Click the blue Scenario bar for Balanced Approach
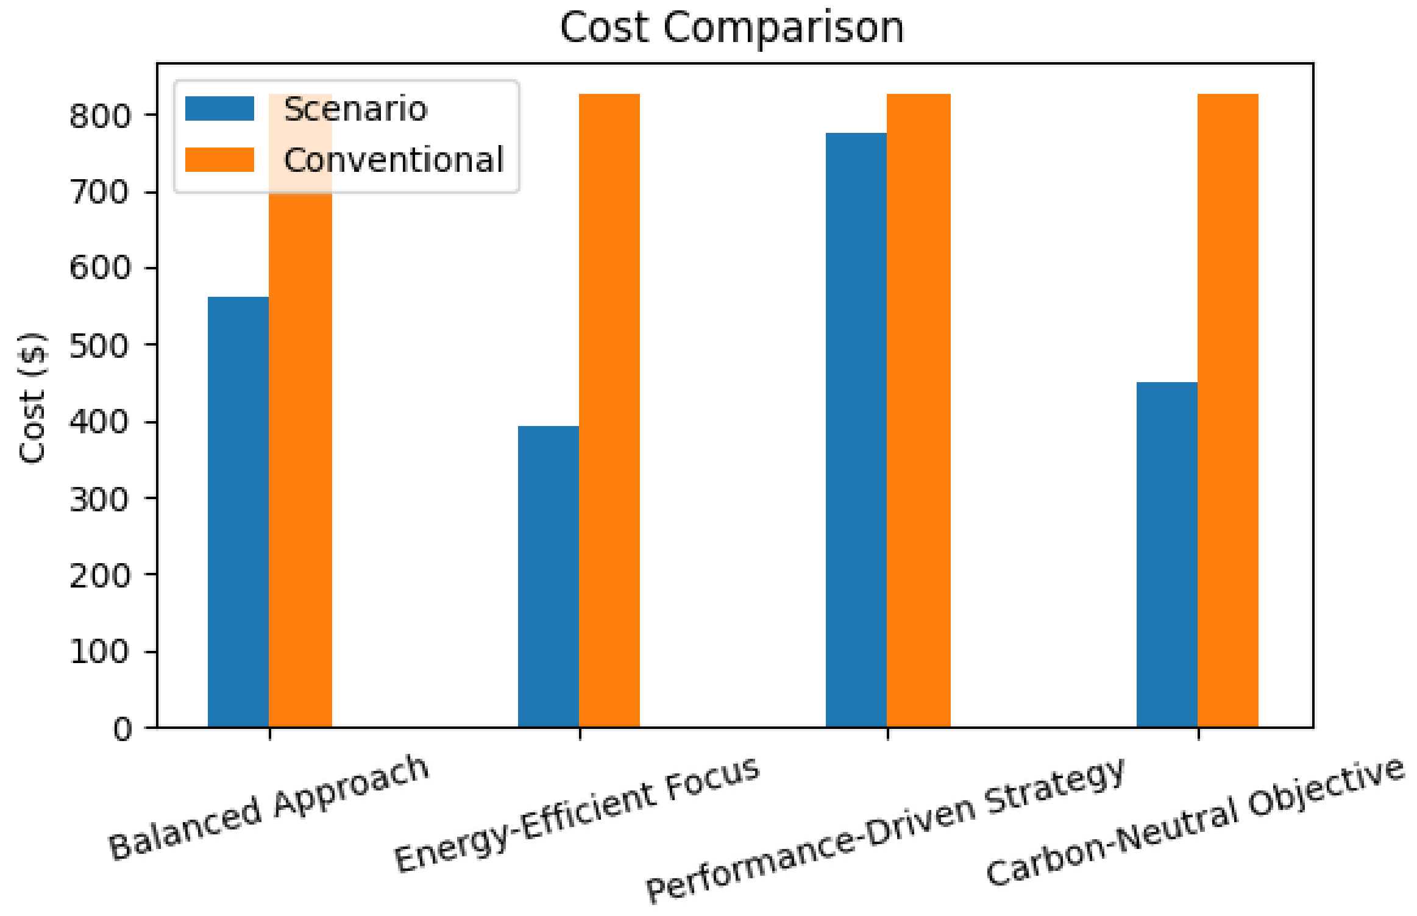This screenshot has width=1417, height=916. pyautogui.click(x=238, y=512)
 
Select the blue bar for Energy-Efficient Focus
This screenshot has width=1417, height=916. pyautogui.click(x=548, y=576)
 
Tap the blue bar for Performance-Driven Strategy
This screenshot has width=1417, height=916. pyautogui.click(x=856, y=430)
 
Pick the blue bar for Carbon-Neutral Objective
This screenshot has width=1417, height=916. pyautogui.click(x=1167, y=555)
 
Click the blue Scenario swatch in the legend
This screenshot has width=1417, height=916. pyautogui.click(x=219, y=108)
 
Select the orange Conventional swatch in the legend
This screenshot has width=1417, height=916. pyautogui.click(x=219, y=160)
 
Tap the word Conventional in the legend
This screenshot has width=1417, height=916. pyautogui.click(x=394, y=160)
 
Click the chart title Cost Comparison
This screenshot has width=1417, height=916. pyautogui.click(x=731, y=27)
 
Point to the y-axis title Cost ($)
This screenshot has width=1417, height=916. pyautogui.click(x=32, y=397)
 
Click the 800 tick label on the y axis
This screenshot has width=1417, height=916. pyautogui.click(x=99, y=115)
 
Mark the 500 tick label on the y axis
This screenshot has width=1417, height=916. pyautogui.click(x=99, y=346)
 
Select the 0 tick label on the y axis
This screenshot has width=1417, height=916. pyautogui.click(x=122, y=728)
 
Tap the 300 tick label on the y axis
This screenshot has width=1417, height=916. pyautogui.click(x=99, y=499)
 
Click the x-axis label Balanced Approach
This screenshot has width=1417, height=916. pyautogui.click(x=269, y=808)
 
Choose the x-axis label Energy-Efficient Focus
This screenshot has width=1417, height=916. pyautogui.click(x=577, y=814)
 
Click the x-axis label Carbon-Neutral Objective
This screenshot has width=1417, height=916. pyautogui.click(x=1195, y=820)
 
